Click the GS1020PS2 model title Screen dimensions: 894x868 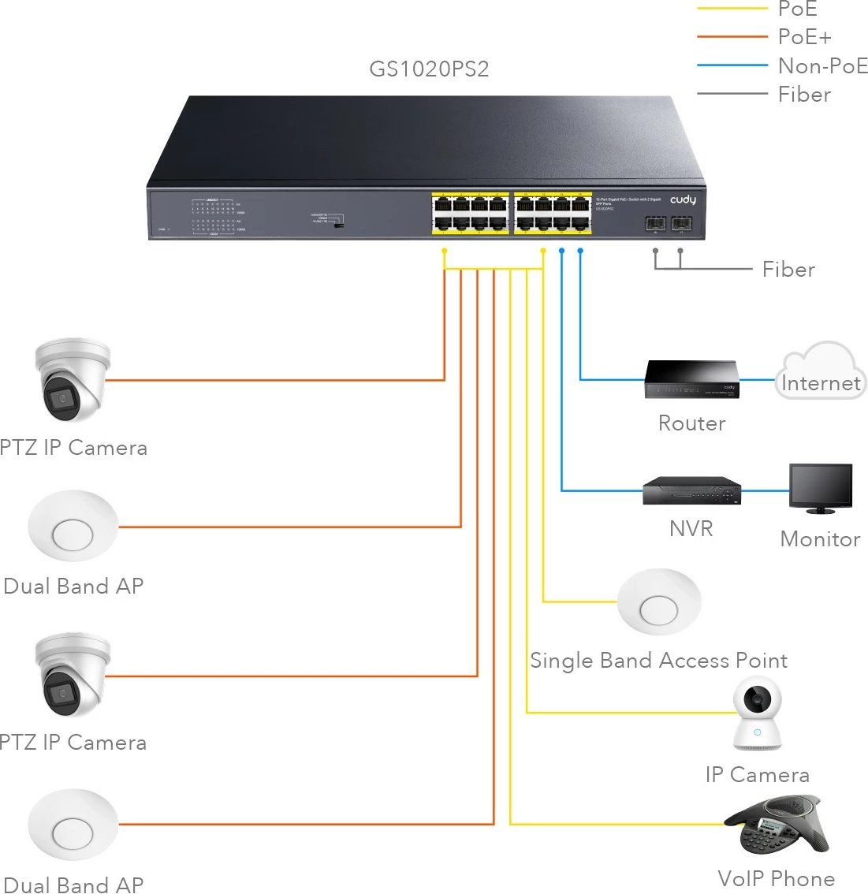point(429,69)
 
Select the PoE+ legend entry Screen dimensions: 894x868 point(804,37)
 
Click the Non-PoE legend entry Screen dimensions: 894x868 point(822,66)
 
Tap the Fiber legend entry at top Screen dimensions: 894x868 point(804,95)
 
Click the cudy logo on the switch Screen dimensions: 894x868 point(683,200)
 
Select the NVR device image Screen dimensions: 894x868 point(691,491)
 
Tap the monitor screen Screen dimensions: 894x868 point(821,486)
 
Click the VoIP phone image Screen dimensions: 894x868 point(777,825)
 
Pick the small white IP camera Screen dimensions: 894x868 point(757,713)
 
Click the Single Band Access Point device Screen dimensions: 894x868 point(659,602)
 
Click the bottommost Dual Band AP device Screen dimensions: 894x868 point(73,825)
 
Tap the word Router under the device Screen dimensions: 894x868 point(691,423)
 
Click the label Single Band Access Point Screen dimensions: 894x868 point(658,661)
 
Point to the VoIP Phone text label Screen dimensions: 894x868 point(776,878)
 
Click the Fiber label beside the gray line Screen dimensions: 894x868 point(788,270)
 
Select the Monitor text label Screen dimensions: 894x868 point(820,539)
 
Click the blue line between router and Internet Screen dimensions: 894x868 point(758,380)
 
